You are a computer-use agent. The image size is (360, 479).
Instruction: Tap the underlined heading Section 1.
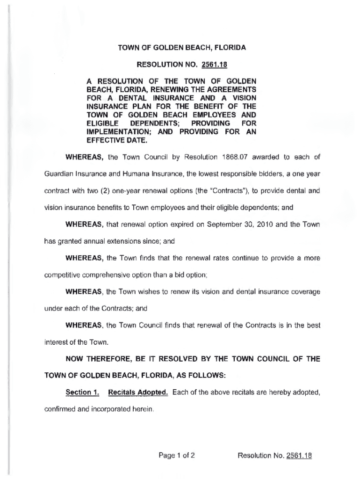point(82,392)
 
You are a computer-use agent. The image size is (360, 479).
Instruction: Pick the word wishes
point(147,291)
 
